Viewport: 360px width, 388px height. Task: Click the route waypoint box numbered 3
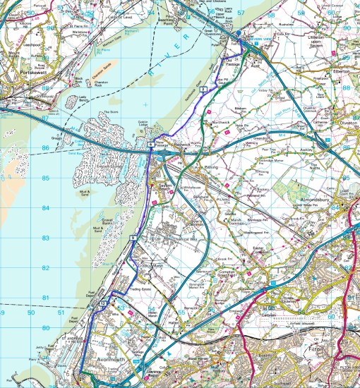(x=203, y=89)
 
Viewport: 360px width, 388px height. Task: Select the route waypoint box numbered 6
(x=151, y=145)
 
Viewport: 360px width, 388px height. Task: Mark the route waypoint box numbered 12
(x=103, y=302)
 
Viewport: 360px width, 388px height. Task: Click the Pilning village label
(x=211, y=168)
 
